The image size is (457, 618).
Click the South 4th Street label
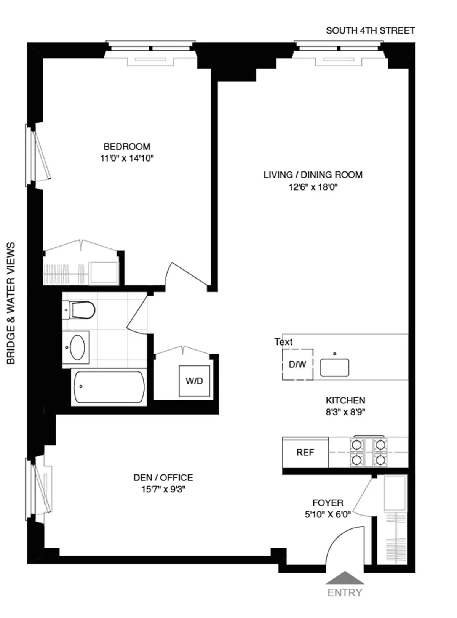(x=370, y=30)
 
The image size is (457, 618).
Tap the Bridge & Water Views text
(x=11, y=303)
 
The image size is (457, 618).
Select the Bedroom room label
(x=127, y=146)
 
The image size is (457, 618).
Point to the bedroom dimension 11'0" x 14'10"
(x=127, y=158)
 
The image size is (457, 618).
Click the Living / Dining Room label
(x=313, y=175)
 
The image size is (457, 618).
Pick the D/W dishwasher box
(x=297, y=364)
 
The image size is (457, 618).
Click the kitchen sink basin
(x=334, y=368)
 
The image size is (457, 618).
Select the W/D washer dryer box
(x=194, y=381)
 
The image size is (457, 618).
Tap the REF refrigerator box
(x=305, y=452)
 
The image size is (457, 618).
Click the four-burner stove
(x=368, y=452)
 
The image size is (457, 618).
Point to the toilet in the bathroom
(x=80, y=310)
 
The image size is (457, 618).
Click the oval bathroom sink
(x=77, y=347)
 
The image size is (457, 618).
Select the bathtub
(x=109, y=387)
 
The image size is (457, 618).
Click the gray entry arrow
(x=345, y=578)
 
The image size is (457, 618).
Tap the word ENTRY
(x=345, y=592)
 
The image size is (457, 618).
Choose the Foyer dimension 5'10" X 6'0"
(x=328, y=514)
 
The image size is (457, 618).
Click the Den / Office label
(x=163, y=477)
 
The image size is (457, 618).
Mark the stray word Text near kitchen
(x=283, y=342)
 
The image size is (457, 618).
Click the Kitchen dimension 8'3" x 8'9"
(x=345, y=412)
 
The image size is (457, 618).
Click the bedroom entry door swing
(x=187, y=274)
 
